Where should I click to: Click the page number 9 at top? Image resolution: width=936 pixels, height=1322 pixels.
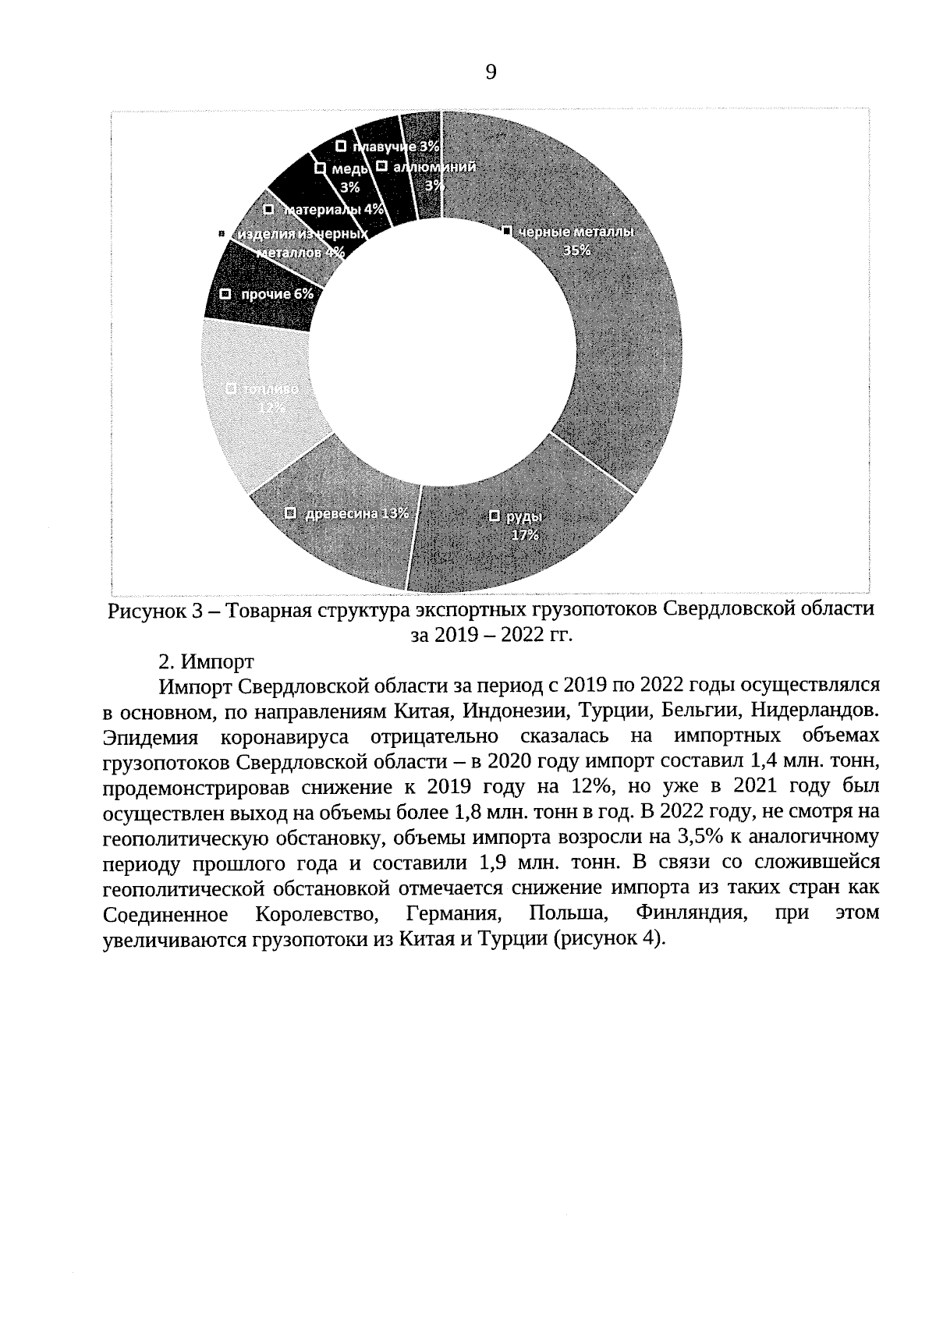click(491, 73)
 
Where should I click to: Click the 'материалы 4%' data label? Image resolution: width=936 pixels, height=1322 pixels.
click(332, 209)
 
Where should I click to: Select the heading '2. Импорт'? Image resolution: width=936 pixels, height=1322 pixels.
click(205, 661)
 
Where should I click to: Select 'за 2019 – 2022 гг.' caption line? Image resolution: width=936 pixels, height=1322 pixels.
click(491, 635)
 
